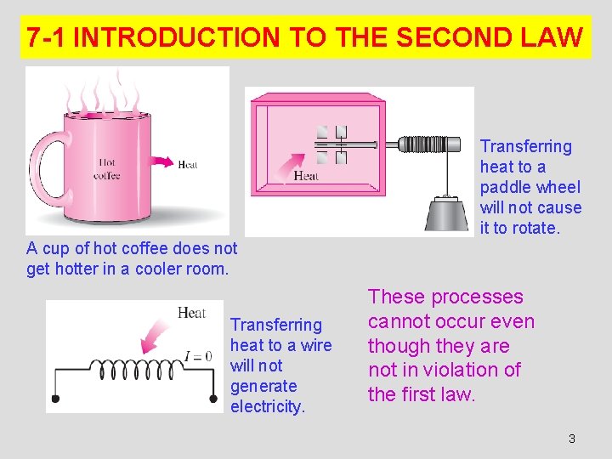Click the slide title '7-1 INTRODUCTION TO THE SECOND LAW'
point(305,37)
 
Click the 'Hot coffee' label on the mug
point(107,169)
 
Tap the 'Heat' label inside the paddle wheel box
point(306,176)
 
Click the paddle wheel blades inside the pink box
point(331,144)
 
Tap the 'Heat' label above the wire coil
point(192,313)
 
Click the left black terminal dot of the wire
point(55,398)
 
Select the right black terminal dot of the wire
point(212,398)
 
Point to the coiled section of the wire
point(136,369)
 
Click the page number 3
point(571,439)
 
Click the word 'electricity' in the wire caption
point(267,406)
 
